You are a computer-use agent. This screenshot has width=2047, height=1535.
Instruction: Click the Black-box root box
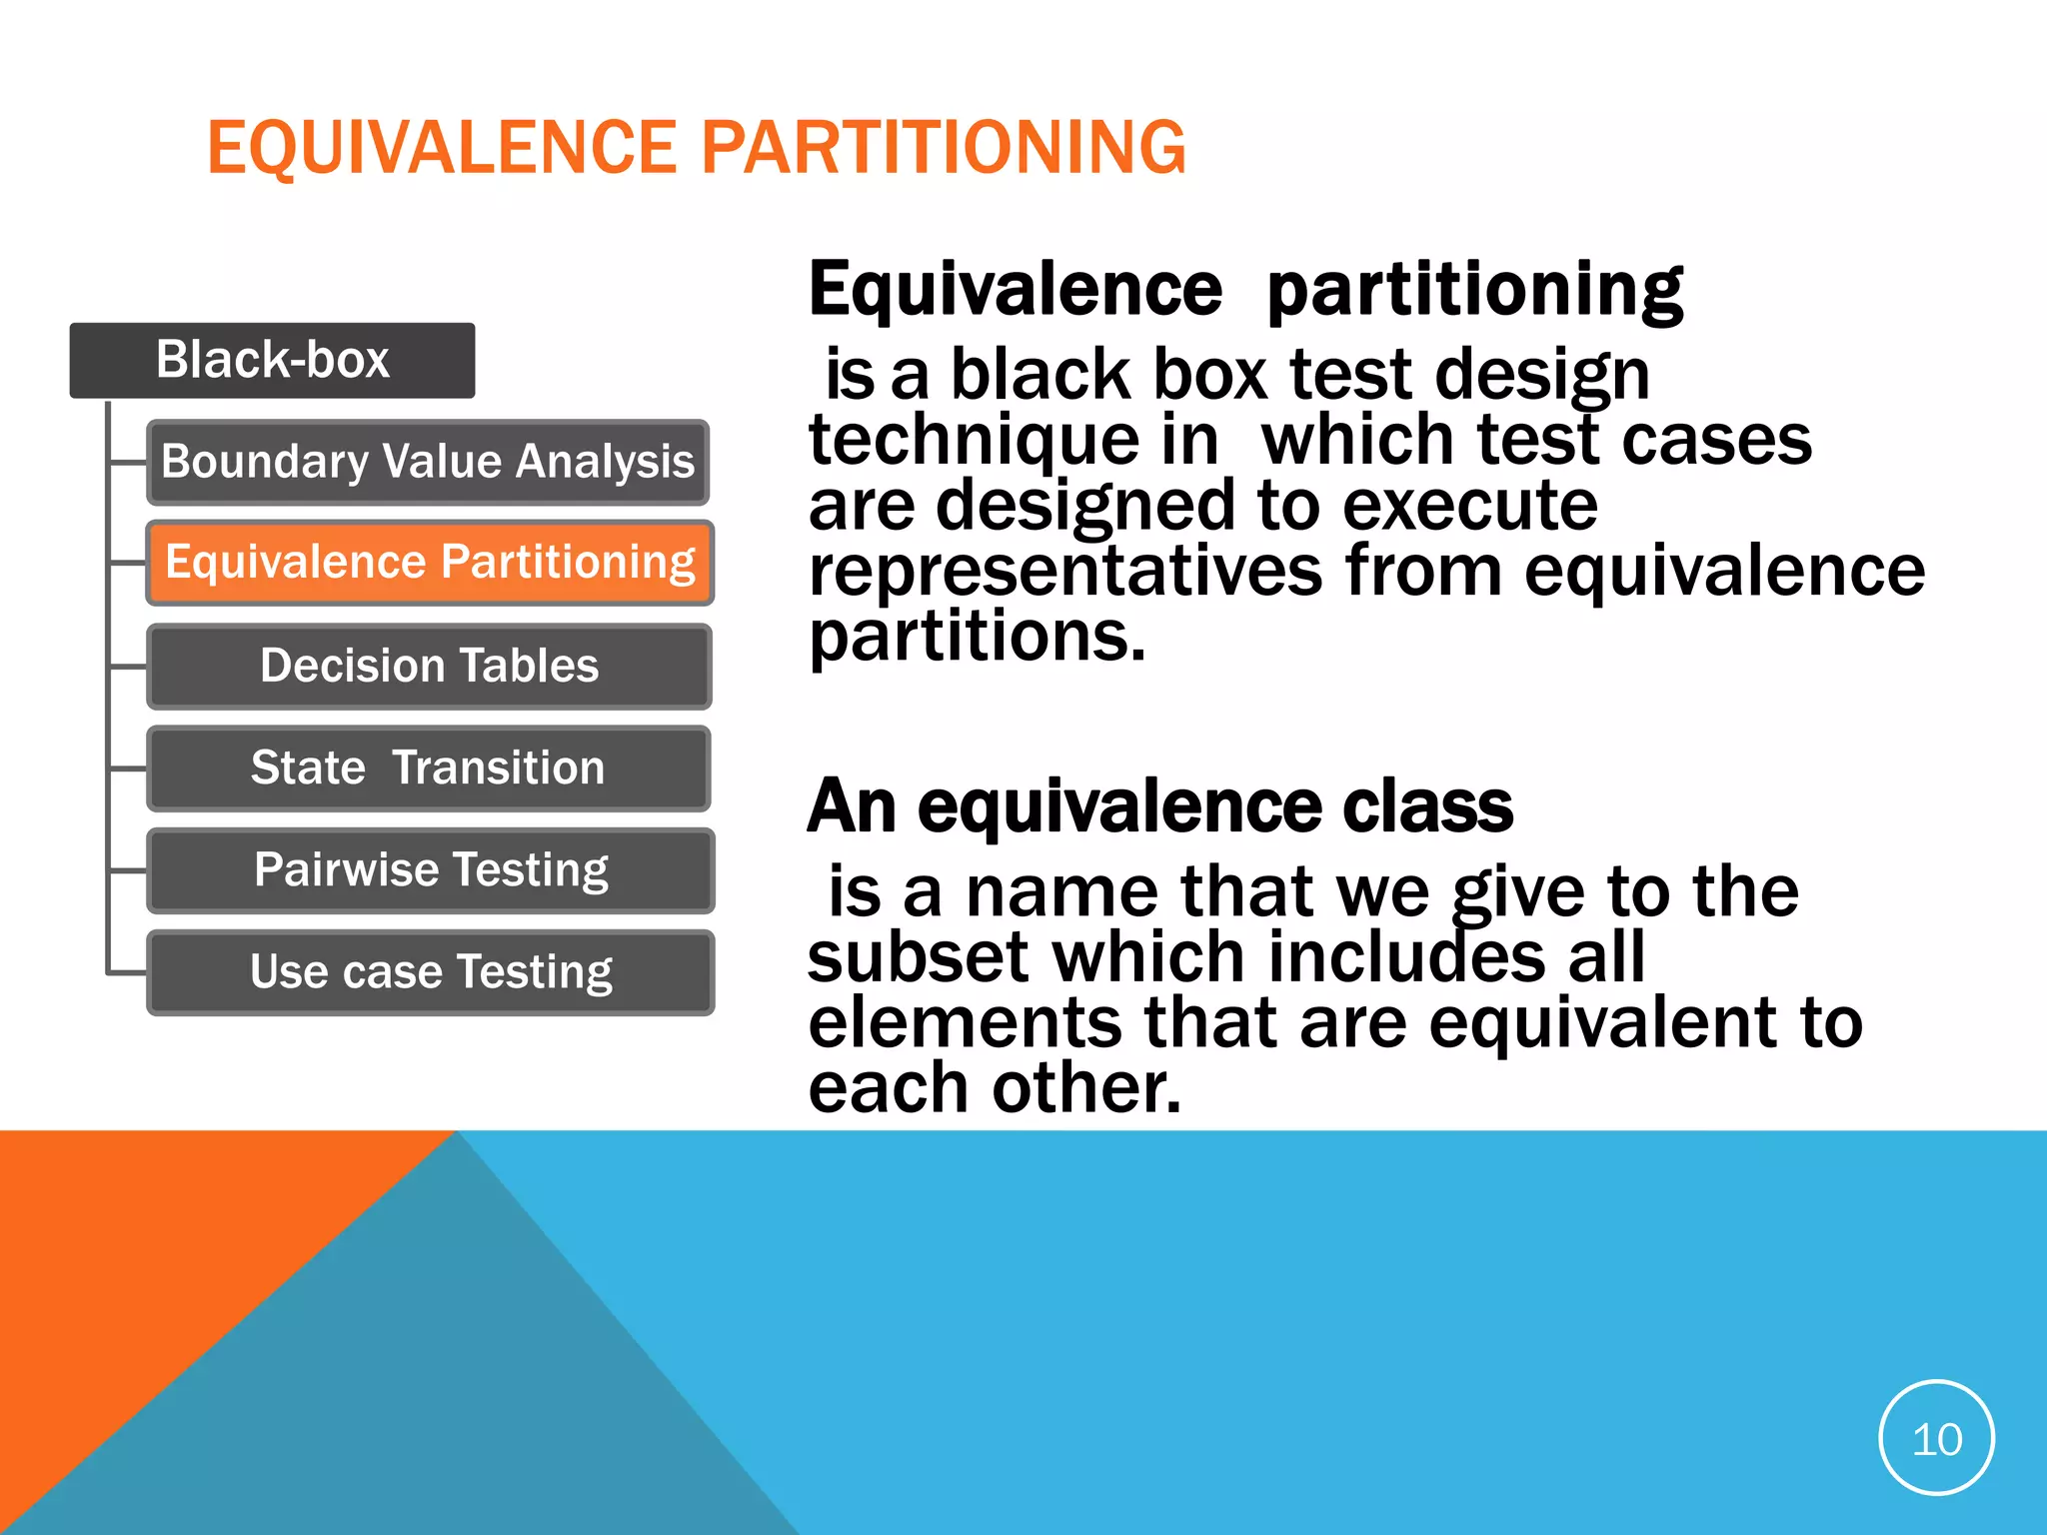[272, 360]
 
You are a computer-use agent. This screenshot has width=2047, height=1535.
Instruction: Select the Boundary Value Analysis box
[428, 462]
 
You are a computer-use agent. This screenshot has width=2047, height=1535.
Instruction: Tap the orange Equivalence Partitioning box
[430, 563]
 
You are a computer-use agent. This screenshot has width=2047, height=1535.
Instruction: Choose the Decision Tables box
[430, 666]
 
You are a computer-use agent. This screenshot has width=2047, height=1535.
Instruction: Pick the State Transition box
[428, 767]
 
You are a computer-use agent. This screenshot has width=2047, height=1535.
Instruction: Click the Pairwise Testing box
[431, 869]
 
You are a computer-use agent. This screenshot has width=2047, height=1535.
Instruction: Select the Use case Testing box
[431, 971]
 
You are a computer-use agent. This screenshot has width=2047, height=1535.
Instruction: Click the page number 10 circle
[1936, 1438]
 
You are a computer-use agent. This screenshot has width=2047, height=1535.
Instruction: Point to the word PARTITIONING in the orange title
[944, 148]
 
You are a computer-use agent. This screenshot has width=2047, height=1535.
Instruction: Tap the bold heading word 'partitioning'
[1474, 290]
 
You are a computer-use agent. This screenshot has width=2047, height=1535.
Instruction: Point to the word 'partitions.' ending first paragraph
[977, 637]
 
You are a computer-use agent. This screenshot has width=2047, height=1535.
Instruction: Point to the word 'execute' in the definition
[1469, 506]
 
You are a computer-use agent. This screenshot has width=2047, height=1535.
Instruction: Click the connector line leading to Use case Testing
[127, 971]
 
